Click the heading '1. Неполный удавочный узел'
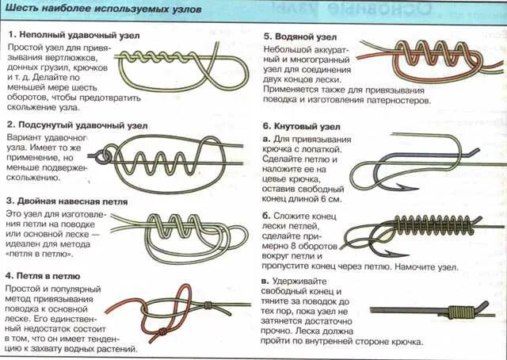65,36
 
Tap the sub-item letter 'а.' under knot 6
266,139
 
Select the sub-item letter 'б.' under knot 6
266,215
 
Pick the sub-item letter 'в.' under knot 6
266,281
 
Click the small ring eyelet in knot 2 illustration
102,157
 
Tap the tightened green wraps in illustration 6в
459,310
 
